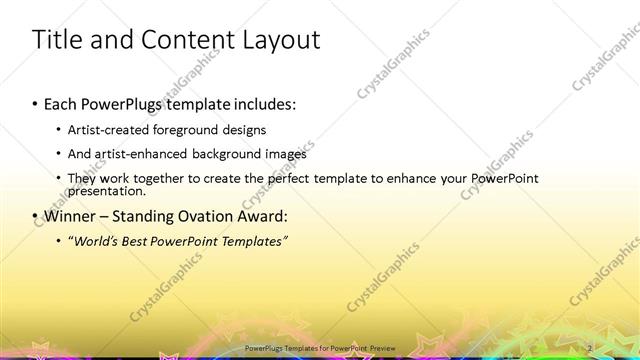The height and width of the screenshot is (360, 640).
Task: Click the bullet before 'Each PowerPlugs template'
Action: coord(36,103)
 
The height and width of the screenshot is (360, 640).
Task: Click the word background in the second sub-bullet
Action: coord(231,154)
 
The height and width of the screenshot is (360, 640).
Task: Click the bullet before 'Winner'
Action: coord(36,216)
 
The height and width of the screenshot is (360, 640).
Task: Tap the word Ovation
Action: coord(201,216)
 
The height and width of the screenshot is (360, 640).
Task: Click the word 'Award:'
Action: coord(260,216)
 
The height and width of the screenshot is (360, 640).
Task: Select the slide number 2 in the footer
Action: coord(591,347)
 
